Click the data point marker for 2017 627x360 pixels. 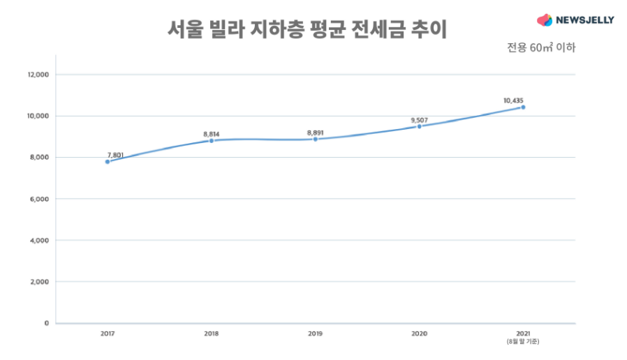tap(108, 161)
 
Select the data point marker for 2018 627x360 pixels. tap(212, 140)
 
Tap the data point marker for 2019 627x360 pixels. tap(316, 139)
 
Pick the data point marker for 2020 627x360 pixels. tap(419, 126)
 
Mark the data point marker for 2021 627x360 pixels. tap(523, 107)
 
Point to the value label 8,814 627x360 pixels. tap(212, 133)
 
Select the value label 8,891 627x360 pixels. tap(316, 131)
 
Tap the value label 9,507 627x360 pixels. tap(419, 119)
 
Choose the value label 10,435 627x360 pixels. tap(514, 100)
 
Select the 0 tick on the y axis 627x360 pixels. tap(47, 323)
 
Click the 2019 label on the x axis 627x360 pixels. tap(316, 334)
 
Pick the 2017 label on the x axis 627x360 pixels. tap(108, 334)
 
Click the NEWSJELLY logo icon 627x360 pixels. tap(544, 20)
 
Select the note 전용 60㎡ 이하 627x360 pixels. tap(541, 47)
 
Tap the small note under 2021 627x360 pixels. tap(523, 342)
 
